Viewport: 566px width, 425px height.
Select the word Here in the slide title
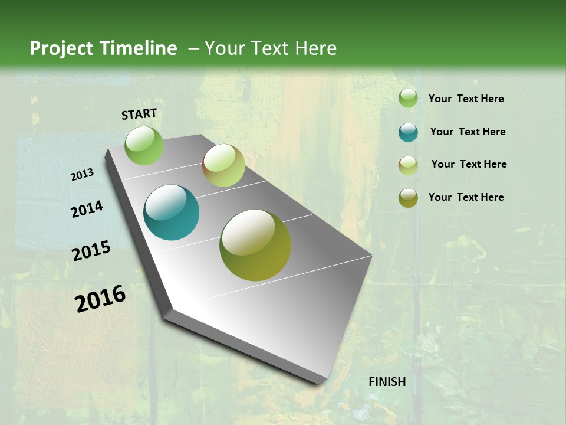(x=315, y=48)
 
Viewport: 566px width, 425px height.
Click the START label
(x=139, y=114)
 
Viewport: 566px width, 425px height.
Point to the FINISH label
(x=387, y=382)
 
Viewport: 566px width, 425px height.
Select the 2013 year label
(x=82, y=175)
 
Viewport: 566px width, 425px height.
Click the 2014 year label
(x=87, y=209)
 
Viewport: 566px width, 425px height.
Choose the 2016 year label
(x=100, y=299)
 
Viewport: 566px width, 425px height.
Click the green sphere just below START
(x=144, y=145)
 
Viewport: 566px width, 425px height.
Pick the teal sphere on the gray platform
(x=171, y=212)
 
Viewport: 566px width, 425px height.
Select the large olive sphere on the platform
(x=255, y=245)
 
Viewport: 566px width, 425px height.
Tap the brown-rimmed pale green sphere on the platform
(x=223, y=165)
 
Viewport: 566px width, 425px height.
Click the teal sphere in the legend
(x=408, y=132)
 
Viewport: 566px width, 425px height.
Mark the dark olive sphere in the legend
(x=408, y=198)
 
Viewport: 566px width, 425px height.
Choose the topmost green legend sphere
(x=408, y=99)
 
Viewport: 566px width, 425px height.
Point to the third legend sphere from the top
(x=408, y=165)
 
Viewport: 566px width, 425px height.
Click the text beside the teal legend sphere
(x=468, y=132)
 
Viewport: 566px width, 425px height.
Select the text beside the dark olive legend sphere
(x=466, y=197)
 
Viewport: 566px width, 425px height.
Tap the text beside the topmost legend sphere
(x=466, y=99)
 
